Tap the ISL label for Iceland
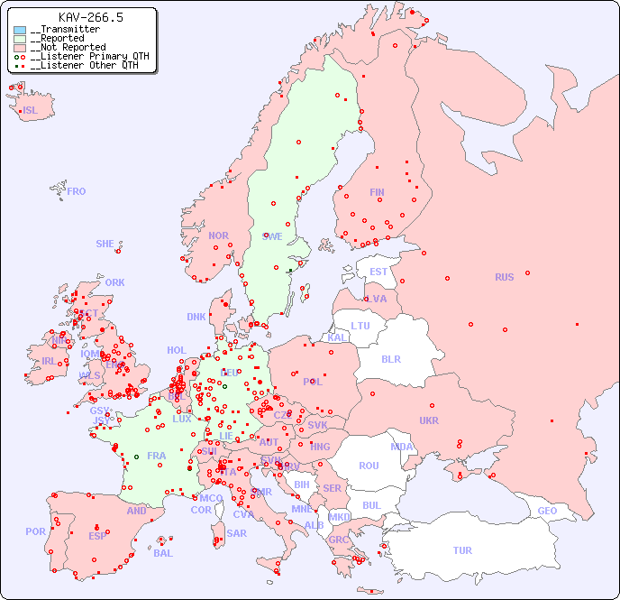[x=31, y=111]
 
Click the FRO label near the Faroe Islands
[x=77, y=191]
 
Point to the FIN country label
[x=377, y=192]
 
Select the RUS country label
[x=504, y=277]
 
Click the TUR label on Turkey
[x=462, y=550]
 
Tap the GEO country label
[x=547, y=511]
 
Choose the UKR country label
[x=429, y=420]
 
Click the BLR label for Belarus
[x=391, y=358]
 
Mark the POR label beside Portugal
[x=35, y=531]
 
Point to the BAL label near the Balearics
[x=163, y=553]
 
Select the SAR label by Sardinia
[x=237, y=533]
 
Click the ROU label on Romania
[x=369, y=466]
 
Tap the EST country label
[x=378, y=272]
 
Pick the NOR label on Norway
[x=218, y=235]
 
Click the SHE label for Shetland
[x=105, y=244]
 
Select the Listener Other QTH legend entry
[x=85, y=65]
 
